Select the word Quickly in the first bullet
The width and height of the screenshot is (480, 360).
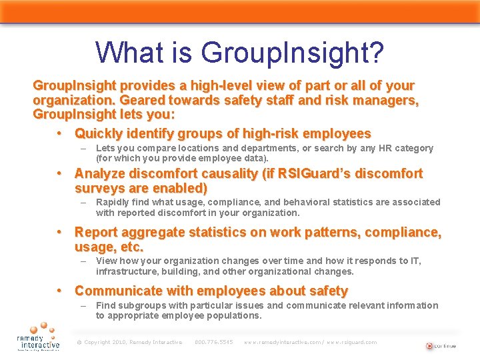point(97,133)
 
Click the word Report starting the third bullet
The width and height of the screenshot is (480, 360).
point(96,233)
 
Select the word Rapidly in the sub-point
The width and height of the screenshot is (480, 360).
point(114,202)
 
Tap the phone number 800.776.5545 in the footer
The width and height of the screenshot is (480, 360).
point(213,342)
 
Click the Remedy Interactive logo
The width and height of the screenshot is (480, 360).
point(38,336)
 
